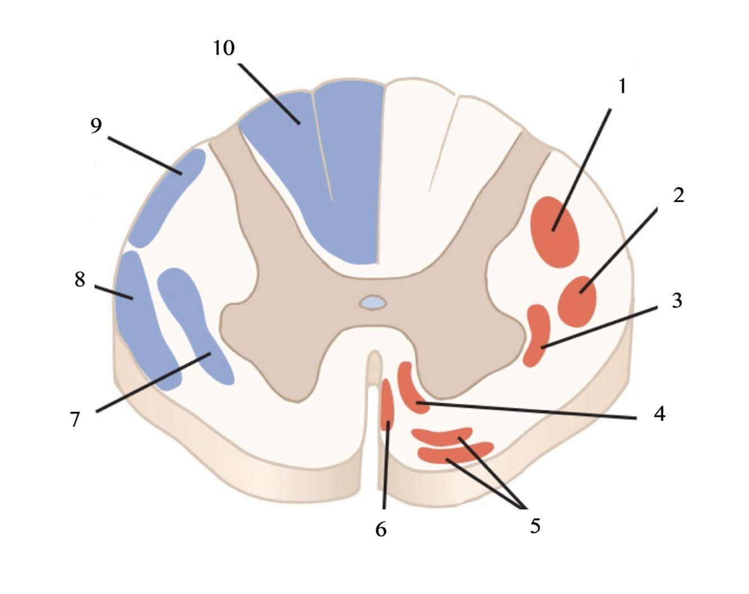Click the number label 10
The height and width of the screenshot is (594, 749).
pos(223,48)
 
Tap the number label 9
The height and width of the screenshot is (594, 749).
pos(96,126)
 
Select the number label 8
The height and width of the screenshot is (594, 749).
pos(80,279)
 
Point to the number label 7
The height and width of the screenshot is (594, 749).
pos(75,419)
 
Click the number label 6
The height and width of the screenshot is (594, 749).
pos(381,528)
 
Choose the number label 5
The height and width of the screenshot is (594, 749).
pos(535,526)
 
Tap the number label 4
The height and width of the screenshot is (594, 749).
pos(659,413)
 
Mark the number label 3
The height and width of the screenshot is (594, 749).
pos(677,301)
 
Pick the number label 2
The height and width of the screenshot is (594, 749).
pos(678,195)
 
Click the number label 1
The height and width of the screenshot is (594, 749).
pos(622,86)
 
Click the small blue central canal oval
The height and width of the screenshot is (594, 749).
pos(373,303)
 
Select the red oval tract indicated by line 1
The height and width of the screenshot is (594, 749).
pos(555,232)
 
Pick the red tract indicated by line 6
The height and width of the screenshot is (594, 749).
pos(387,404)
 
